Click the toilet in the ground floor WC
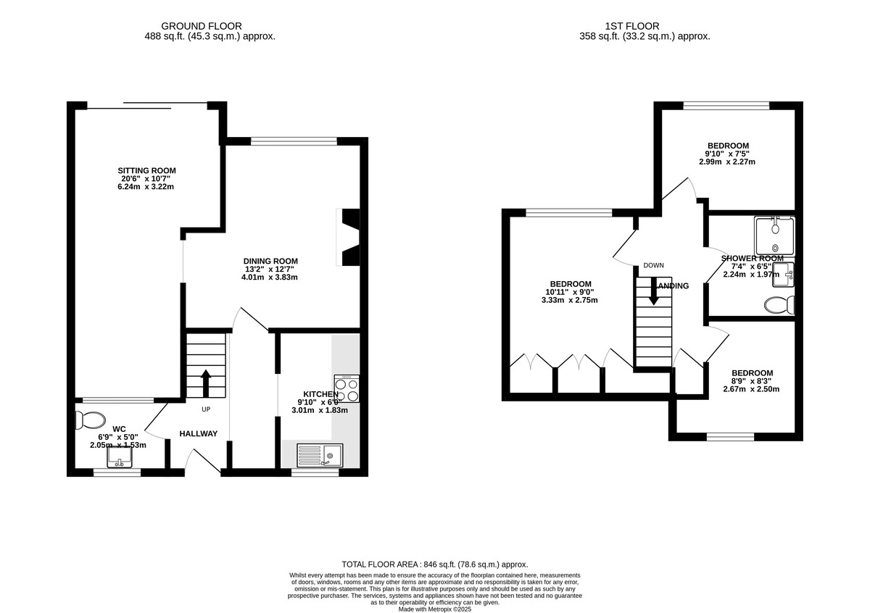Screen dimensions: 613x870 [90, 420]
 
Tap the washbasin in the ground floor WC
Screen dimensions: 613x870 [119, 458]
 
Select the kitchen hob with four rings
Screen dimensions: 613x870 [346, 389]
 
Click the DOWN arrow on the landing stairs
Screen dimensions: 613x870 [653, 290]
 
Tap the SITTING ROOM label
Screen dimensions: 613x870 [147, 171]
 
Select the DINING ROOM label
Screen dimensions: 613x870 [270, 261]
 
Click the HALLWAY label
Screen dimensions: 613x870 [199, 434]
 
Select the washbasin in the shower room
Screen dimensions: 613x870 [784, 272]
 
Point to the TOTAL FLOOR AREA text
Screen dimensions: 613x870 [435, 564]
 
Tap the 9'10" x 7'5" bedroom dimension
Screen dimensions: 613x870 [727, 154]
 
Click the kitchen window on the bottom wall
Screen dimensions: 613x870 [315, 472]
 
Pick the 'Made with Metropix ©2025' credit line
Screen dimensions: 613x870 [435, 609]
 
